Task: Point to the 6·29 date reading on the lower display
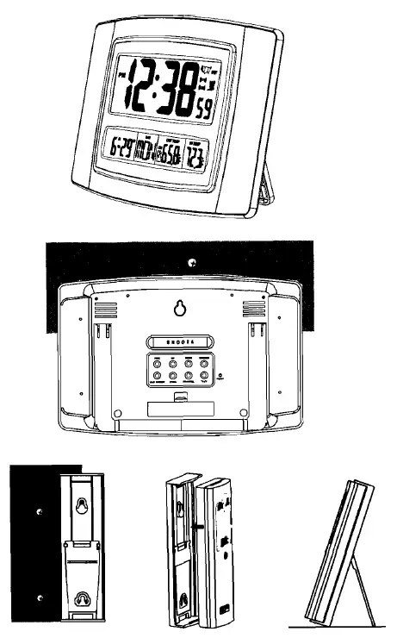(x=124, y=150)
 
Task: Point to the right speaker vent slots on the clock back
(x=251, y=310)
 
